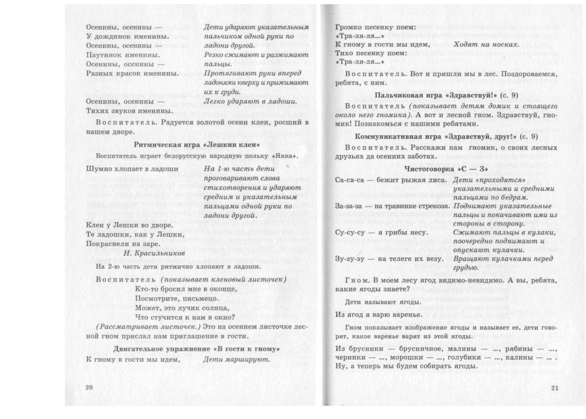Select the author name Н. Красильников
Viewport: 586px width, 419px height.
[x=154, y=253]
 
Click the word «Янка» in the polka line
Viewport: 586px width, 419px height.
[x=287, y=156]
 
